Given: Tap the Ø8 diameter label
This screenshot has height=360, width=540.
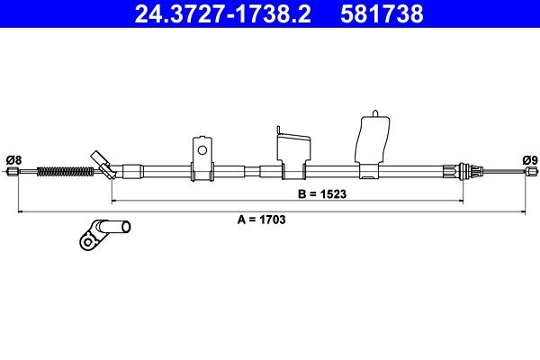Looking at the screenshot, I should point(13,160).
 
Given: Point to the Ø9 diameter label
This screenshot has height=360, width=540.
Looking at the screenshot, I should point(529,160).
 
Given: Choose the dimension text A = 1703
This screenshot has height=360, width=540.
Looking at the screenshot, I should point(256,219).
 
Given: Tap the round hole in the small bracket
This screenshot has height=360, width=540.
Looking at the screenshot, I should point(203,150).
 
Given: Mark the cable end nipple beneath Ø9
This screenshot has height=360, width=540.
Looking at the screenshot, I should point(527,172).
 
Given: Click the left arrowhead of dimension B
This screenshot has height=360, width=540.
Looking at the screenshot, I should point(113,199).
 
